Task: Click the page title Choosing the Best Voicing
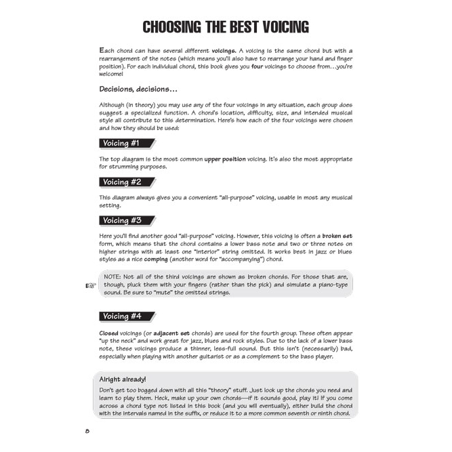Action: [x=226, y=27]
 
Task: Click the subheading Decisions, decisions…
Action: [x=138, y=89]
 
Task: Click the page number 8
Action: [x=87, y=432]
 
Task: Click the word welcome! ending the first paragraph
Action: [x=114, y=75]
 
